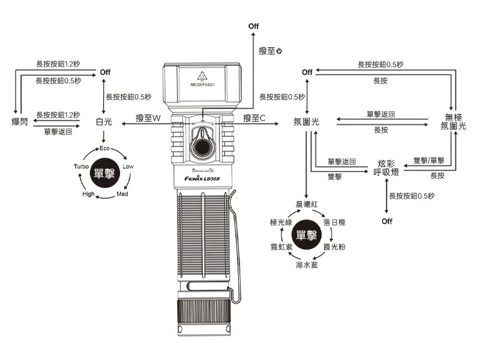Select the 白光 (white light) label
(104, 122)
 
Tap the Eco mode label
(104, 148)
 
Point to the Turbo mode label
(81, 166)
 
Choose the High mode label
(88, 194)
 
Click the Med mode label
(122, 194)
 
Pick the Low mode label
(128, 166)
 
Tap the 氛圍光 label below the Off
(306, 122)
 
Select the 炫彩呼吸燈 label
(386, 168)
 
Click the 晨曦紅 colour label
(307, 205)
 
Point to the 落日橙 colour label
(334, 223)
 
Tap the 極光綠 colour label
(281, 223)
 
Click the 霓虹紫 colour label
(281, 247)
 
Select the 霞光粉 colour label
(334, 247)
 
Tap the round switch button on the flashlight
(203, 147)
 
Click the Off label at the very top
(253, 26)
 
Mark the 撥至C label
(254, 118)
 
